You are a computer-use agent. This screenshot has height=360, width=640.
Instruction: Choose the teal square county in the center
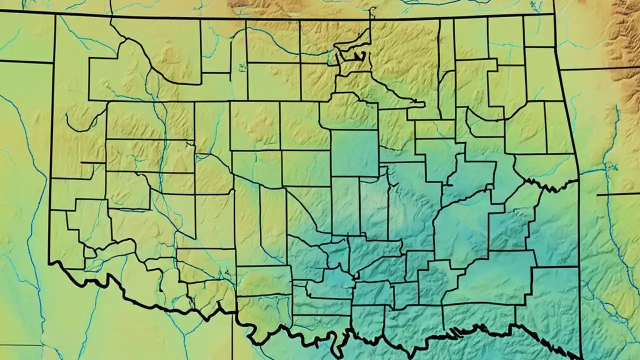tap(354, 153)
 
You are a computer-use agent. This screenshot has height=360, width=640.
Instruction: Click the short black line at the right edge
tap(618, 194)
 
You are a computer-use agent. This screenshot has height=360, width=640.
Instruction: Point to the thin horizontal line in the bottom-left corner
tap(20, 345)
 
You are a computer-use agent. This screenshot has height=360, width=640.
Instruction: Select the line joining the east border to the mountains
tap(585, 69)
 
